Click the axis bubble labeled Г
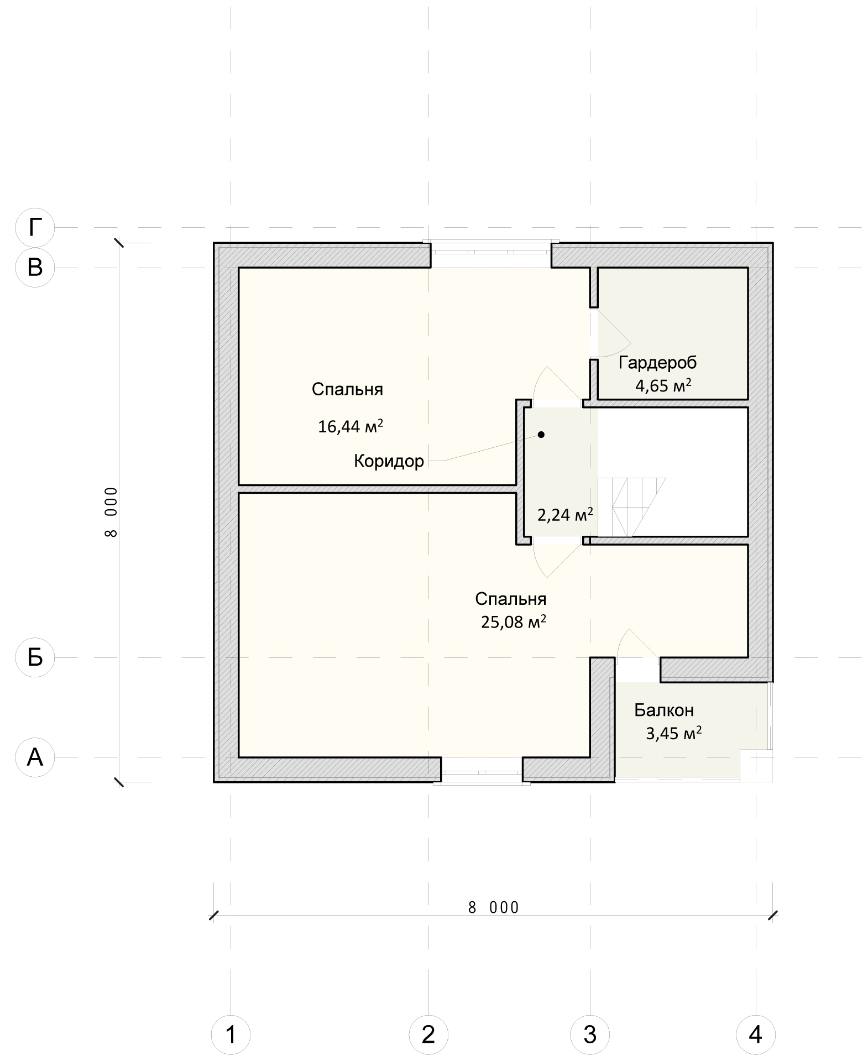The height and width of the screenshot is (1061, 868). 35,227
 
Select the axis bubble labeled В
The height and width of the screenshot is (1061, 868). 35,268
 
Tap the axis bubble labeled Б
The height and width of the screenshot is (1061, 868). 35,657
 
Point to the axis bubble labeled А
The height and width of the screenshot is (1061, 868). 35,757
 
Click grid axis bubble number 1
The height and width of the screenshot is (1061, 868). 231,1034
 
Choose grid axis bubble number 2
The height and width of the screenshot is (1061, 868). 428,1034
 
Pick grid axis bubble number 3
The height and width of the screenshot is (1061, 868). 590,1034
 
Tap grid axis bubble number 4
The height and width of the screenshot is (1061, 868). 756,1034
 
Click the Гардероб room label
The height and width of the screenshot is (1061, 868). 657,363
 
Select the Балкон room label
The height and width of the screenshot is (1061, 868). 663,710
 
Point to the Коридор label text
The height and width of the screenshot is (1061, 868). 389,461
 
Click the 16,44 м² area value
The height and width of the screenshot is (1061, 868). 351,426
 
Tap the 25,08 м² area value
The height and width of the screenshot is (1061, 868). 514,622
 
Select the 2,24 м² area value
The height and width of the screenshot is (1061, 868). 566,515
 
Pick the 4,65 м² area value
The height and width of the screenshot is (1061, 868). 663,385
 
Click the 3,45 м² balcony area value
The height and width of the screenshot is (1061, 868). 674,734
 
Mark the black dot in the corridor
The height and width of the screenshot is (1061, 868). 541,435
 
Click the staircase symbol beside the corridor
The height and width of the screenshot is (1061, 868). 631,507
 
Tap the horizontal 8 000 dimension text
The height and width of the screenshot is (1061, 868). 494,908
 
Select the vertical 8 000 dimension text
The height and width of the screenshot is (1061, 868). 111,512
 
